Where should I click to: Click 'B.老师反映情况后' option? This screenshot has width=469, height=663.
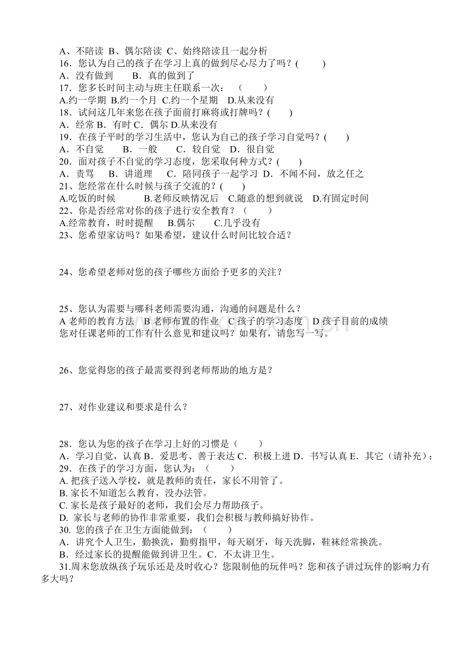181,198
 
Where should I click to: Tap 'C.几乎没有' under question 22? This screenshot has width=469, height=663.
237,223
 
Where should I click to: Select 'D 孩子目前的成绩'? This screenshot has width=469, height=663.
350,321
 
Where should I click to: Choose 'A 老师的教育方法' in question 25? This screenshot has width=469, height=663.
97,321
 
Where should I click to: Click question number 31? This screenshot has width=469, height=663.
66,567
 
